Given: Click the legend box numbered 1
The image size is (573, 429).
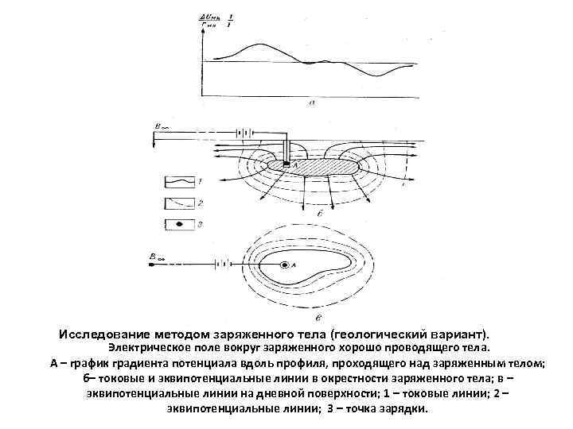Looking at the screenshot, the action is (x=183, y=182).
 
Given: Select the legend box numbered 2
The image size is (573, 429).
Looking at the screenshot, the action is (x=183, y=203).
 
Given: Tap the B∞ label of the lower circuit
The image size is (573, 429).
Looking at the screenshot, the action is (x=158, y=256).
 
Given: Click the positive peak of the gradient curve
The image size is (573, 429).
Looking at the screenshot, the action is (x=254, y=45).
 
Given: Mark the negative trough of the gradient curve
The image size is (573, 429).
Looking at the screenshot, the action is (x=375, y=74).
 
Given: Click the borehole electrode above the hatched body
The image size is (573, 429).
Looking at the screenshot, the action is (x=286, y=151).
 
